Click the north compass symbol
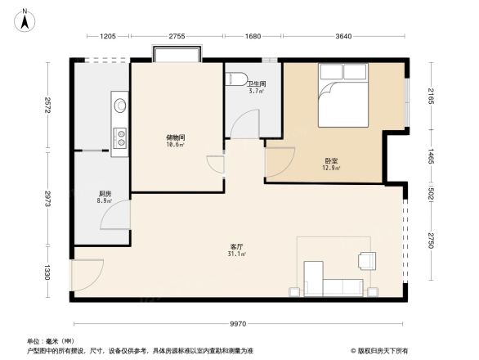pyautogui.click(x=25, y=17)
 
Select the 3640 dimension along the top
pyautogui.click(x=342, y=36)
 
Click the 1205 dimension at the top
pyautogui.click(x=109, y=36)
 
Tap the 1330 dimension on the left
pyautogui.click(x=49, y=272)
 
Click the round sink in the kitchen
pyautogui.click(x=119, y=105)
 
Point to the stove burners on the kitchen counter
pyautogui.click(x=119, y=137)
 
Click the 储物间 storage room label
pyautogui.click(x=174, y=138)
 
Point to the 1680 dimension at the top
pyautogui.click(x=253, y=36)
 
